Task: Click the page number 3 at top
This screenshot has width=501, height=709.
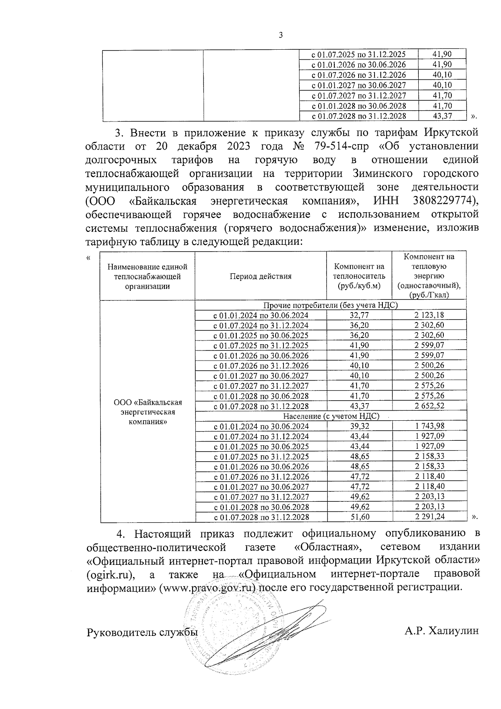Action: click(x=281, y=36)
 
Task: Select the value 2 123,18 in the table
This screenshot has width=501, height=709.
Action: click(x=429, y=315)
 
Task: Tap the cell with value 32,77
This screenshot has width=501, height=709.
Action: click(x=359, y=315)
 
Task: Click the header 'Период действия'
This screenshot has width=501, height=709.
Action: click(x=261, y=276)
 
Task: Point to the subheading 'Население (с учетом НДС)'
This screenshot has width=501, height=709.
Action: click(x=331, y=416)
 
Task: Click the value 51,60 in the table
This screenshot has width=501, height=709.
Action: click(x=359, y=517)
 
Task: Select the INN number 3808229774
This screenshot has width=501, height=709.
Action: click(x=445, y=201)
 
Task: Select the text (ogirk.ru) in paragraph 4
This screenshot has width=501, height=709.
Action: click(x=111, y=574)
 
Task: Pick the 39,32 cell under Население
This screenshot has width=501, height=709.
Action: click(x=359, y=426)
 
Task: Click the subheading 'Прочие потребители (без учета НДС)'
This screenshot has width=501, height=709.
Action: click(x=331, y=305)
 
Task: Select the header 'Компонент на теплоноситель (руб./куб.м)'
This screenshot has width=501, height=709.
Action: click(x=359, y=276)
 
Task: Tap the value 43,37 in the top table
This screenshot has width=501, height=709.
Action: click(x=442, y=116)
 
